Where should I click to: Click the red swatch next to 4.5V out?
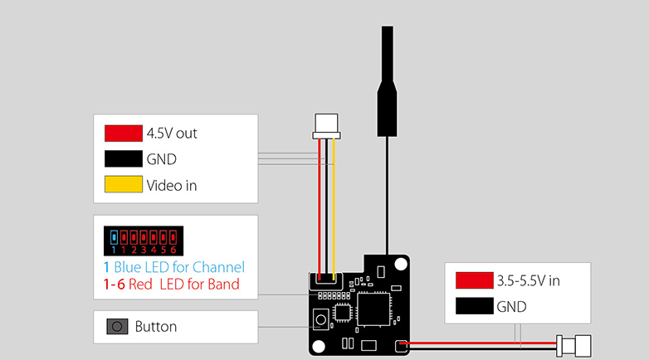(x=124, y=133)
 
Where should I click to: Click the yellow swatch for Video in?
(x=124, y=185)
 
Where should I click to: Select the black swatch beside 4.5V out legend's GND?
(x=124, y=158)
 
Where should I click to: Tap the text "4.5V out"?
(x=172, y=133)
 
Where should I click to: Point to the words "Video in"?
(x=172, y=185)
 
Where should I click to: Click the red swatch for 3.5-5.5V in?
(x=474, y=280)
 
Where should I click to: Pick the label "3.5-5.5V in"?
(x=528, y=280)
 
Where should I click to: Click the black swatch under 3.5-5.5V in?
(x=474, y=307)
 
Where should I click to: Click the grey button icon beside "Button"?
(x=117, y=327)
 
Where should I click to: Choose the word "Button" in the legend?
(x=156, y=327)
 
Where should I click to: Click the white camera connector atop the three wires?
(x=326, y=127)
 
